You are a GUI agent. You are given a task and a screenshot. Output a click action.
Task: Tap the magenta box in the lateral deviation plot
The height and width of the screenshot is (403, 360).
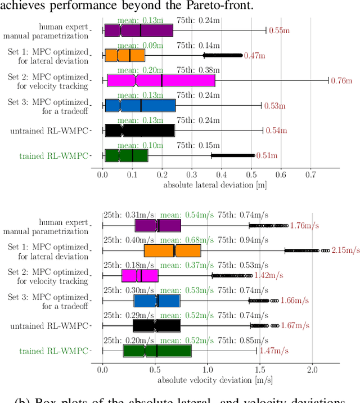pos(161,80)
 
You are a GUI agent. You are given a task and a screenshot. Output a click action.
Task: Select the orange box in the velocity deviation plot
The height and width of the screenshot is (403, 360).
pos(172,250)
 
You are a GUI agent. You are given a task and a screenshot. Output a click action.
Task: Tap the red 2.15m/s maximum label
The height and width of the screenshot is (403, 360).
pos(344,250)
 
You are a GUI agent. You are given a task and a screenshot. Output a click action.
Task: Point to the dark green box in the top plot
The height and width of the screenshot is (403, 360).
pos(126,155)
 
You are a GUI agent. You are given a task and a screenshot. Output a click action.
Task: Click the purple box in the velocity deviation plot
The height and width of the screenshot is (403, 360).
pos(157,225)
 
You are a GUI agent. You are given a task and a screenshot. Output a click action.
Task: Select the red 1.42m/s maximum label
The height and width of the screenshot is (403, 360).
pos(269,276)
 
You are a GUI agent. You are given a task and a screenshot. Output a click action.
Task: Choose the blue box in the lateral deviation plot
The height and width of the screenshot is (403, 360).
pos(140,106)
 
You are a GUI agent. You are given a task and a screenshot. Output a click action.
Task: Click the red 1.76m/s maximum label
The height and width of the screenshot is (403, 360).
pos(304,226)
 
